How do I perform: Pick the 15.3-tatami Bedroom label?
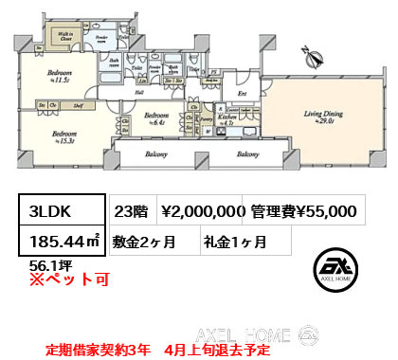click(x=64, y=136)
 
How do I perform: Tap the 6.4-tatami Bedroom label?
click(x=157, y=118)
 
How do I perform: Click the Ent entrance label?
click(x=241, y=94)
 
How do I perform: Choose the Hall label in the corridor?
click(x=138, y=93)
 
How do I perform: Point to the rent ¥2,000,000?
click(x=203, y=211)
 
